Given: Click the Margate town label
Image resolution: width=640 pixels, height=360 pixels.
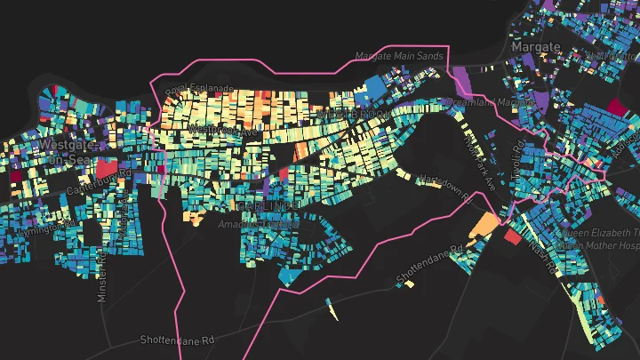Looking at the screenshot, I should pyautogui.click(x=536, y=46).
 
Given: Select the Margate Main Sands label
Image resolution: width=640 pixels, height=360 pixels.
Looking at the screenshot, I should pyautogui.click(x=399, y=55).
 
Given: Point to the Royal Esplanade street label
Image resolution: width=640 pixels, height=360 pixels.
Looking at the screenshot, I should pyautogui.click(x=199, y=89).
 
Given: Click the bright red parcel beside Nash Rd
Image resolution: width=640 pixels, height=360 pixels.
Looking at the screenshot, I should pyautogui.click(x=512, y=236).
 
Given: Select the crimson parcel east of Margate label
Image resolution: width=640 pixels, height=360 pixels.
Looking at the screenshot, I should pyautogui.click(x=615, y=107).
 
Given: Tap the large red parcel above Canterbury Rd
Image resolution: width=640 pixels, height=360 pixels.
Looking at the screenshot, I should pyautogui.click(x=107, y=167).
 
